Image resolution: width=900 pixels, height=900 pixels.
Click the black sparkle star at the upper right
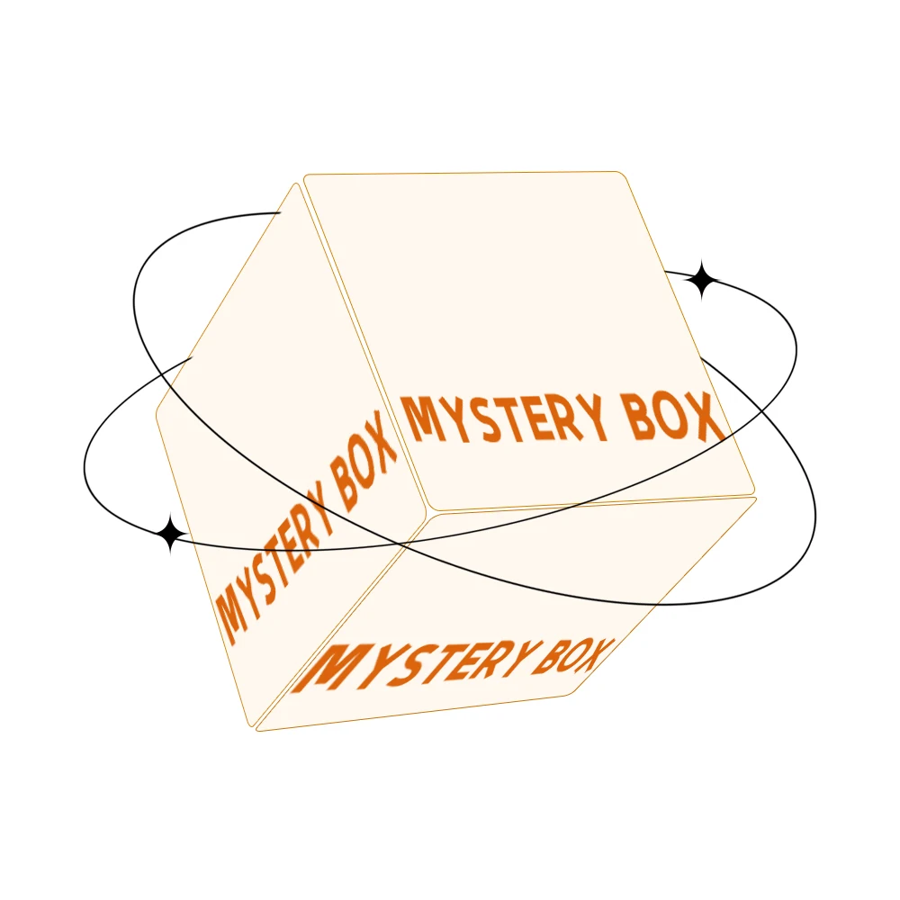702,281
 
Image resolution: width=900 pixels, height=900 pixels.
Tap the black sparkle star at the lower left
168,535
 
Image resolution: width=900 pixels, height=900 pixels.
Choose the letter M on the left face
229,616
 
